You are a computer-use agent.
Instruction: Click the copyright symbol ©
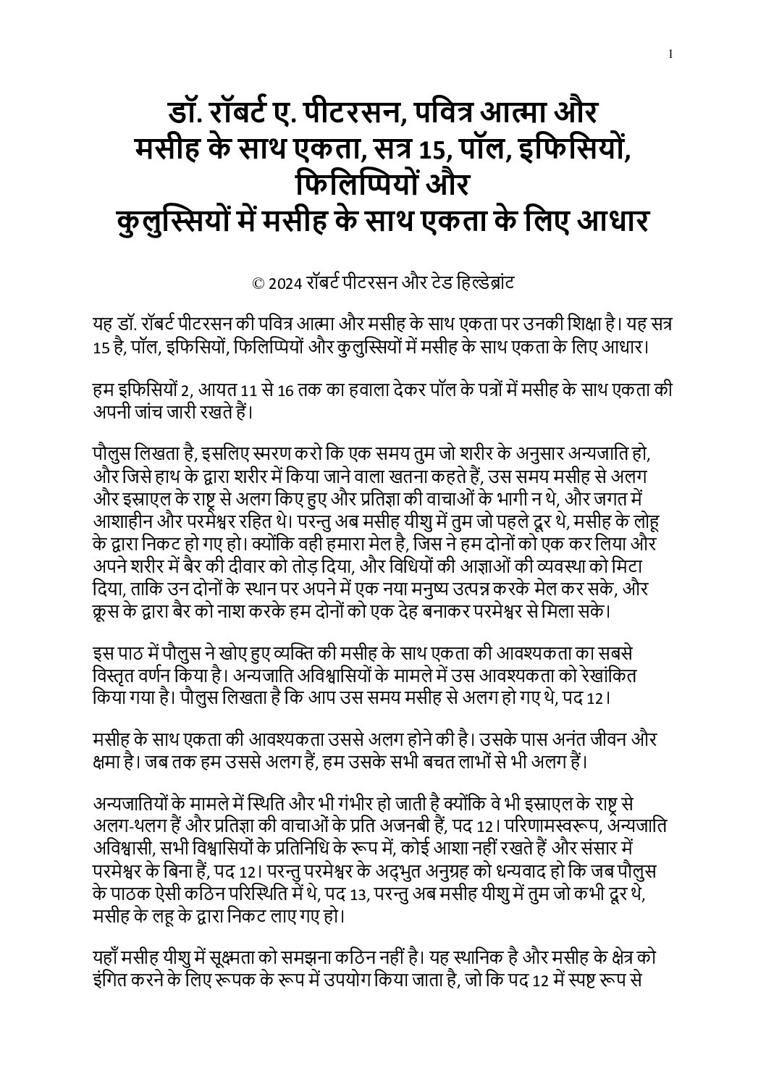point(257,283)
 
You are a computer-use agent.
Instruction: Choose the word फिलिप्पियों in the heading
point(348,187)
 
